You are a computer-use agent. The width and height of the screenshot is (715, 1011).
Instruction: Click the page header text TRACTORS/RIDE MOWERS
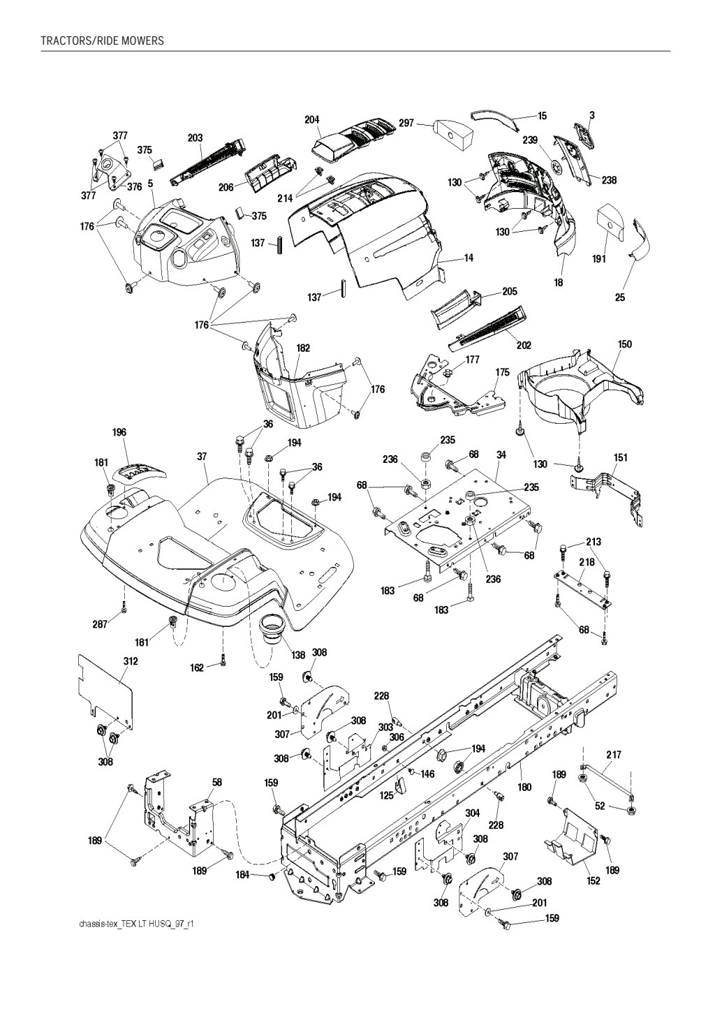pos(102,40)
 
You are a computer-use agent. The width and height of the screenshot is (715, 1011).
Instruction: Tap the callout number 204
pos(312,119)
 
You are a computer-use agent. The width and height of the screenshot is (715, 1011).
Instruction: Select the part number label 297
pos(406,123)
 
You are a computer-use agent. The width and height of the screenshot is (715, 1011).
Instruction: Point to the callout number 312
pos(131,661)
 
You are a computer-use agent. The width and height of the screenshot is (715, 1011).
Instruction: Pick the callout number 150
pos(625,344)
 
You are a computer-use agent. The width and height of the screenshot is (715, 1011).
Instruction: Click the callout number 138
pos(298,655)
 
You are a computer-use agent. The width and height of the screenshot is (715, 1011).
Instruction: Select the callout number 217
pos(614,755)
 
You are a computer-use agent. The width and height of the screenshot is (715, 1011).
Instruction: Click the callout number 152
pos(593,881)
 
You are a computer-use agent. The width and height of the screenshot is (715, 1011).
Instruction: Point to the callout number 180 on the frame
pos(524,788)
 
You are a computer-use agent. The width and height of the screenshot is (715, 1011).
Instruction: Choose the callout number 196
pos(119,433)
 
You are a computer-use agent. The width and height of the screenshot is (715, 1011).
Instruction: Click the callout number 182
pos(303,348)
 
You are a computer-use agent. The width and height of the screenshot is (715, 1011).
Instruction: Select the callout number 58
pos(217,783)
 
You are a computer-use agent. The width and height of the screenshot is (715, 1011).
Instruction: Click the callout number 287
pos(100,624)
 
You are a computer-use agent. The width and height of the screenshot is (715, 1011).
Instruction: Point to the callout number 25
pos(620,297)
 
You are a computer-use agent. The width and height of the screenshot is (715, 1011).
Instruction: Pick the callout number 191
pos(599,259)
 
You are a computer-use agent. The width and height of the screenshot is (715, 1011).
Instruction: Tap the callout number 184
pos(243,876)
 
